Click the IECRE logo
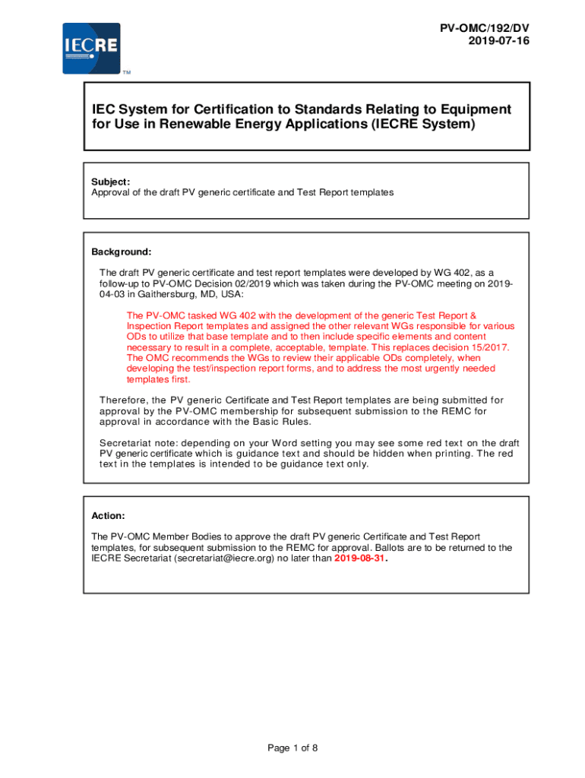91,48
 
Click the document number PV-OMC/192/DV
484,28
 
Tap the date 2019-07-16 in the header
500,41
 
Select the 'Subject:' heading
111,182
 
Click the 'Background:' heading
122,251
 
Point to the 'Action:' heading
108,515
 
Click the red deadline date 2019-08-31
360,558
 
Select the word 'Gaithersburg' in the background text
166,294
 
